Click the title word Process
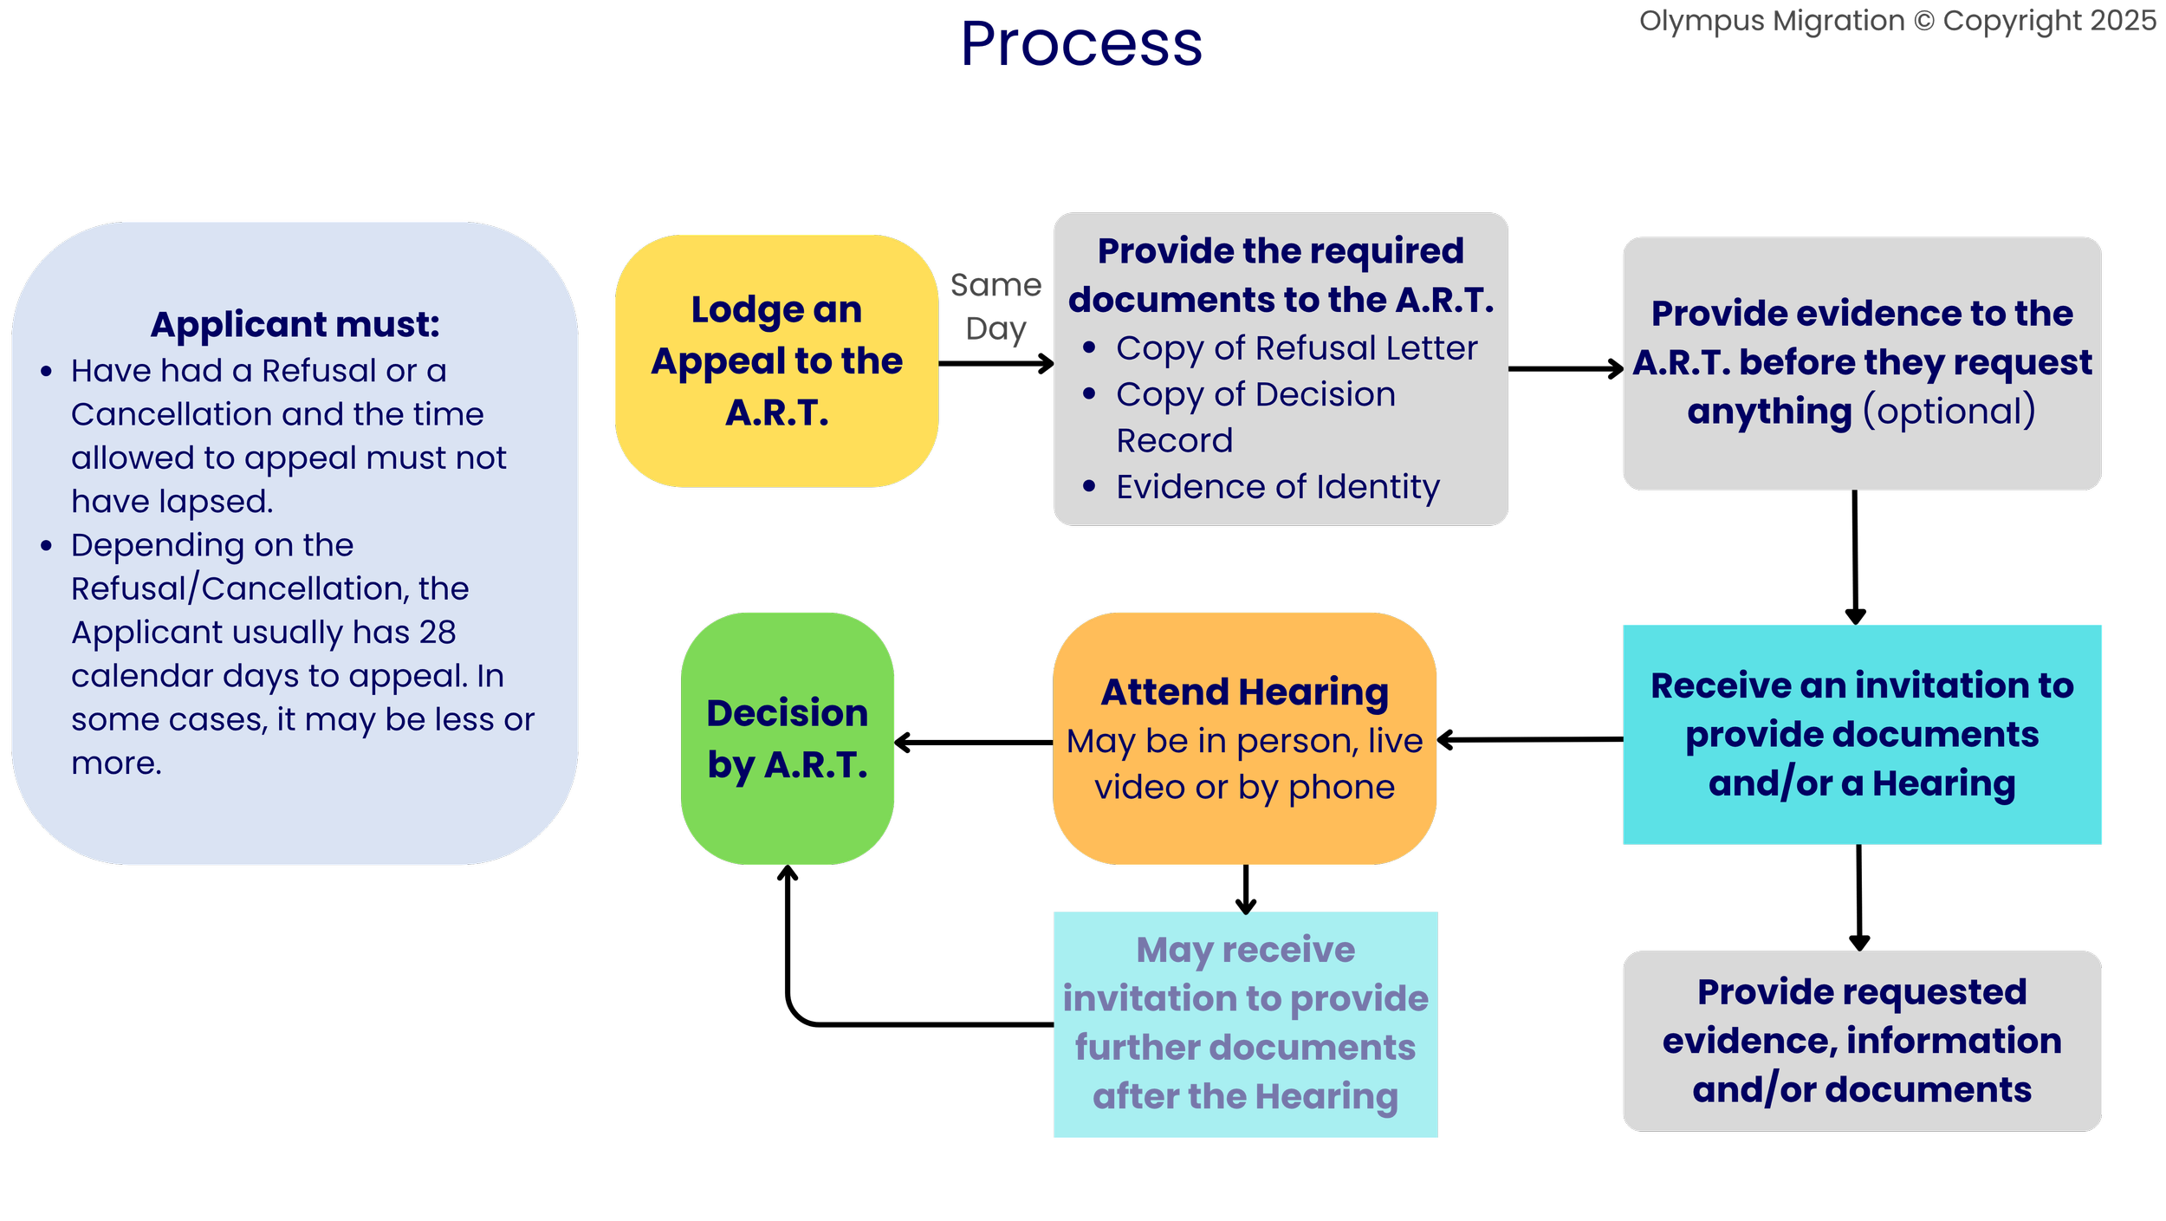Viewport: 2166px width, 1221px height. coord(1083,45)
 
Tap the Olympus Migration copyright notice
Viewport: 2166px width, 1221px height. coord(1897,21)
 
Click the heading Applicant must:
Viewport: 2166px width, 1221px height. coord(295,324)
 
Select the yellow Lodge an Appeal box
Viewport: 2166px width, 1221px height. coord(776,360)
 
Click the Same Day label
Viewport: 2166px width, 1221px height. coord(995,307)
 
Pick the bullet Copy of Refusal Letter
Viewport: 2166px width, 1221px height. coord(1296,348)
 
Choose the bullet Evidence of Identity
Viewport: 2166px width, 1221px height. coord(1277,487)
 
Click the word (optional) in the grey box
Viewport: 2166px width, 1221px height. coord(1949,411)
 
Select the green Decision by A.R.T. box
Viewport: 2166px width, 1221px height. coord(787,738)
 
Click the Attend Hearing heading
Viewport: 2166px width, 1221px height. coord(1244,692)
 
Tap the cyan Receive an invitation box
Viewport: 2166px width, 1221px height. coord(1862,734)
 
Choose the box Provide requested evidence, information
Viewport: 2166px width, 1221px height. coord(1862,1041)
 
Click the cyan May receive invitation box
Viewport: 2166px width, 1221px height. coord(1245,1023)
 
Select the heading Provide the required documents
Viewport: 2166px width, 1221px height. coord(1281,275)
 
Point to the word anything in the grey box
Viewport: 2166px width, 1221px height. coord(1769,411)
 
